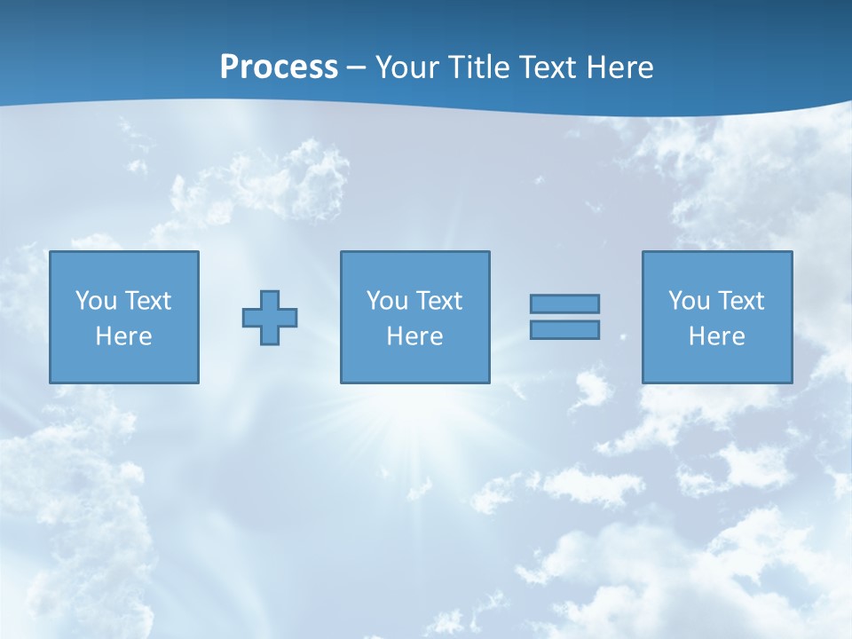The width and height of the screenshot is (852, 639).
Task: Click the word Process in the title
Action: point(279,67)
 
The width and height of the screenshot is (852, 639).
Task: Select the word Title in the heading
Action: point(478,67)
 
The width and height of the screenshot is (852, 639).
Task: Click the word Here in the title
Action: point(622,67)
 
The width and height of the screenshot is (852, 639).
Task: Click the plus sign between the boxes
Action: point(270,318)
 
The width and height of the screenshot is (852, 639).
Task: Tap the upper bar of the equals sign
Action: point(564,304)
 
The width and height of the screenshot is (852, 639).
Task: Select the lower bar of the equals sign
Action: point(564,330)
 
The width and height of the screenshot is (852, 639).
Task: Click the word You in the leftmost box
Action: point(95,301)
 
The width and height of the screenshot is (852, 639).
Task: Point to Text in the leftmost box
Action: point(147,301)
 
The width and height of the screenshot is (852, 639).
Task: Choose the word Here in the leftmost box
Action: point(123,336)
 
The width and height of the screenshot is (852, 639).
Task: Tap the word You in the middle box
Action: point(386,301)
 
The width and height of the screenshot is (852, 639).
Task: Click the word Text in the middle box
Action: point(438,301)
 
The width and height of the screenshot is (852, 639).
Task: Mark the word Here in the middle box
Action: point(414,336)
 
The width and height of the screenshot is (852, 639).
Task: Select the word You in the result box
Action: point(688,301)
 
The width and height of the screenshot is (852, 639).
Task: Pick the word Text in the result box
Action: point(740,301)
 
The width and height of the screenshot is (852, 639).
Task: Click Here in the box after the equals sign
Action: point(716,336)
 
